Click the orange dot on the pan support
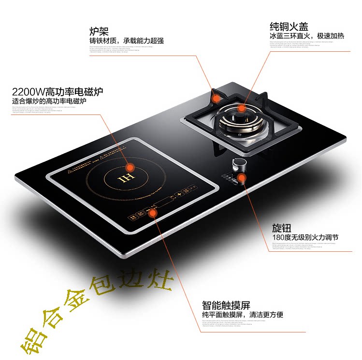tap(217, 97)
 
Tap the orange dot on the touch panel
tap(154, 211)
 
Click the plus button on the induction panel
tap(179, 194)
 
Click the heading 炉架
tap(98, 31)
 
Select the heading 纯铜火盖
tap(289, 26)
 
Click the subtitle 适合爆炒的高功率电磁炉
tap(49, 101)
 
